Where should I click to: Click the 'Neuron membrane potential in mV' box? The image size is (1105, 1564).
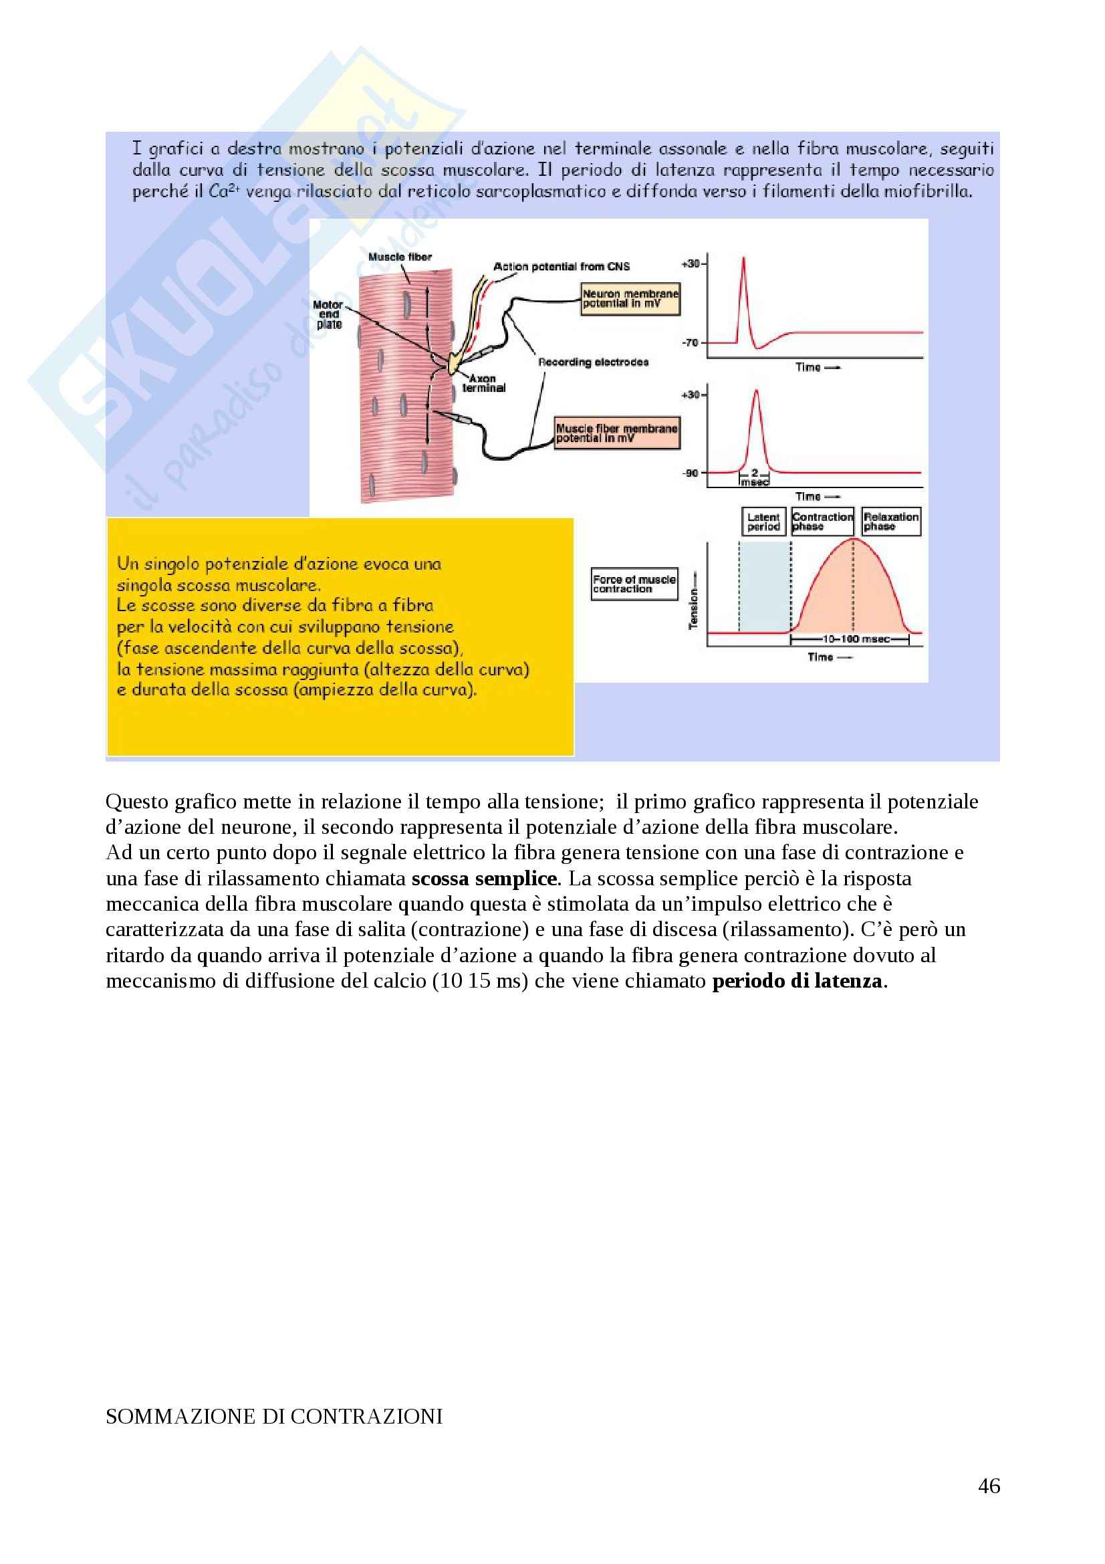pyautogui.click(x=630, y=299)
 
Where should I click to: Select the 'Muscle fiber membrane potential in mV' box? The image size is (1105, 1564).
pyautogui.click(x=617, y=433)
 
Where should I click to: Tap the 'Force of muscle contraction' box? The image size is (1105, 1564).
pyautogui.click(x=634, y=584)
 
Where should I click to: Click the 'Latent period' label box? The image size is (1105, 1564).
pyautogui.click(x=763, y=522)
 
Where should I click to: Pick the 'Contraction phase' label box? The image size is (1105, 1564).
pyautogui.click(x=822, y=522)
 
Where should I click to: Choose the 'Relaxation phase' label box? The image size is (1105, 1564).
pyautogui.click(x=890, y=522)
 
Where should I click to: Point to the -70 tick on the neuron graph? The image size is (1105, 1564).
pyautogui.click(x=691, y=342)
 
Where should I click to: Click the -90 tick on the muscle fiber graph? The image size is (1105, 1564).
pyautogui.click(x=691, y=473)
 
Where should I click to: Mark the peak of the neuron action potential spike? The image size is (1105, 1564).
pyautogui.click(x=743, y=258)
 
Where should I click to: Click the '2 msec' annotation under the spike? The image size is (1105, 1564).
pyautogui.click(x=754, y=477)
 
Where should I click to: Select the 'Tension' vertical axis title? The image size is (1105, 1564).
pyautogui.click(x=694, y=608)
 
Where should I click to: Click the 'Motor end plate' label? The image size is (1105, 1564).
pyautogui.click(x=328, y=315)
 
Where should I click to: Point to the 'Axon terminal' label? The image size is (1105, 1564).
pyautogui.click(x=483, y=384)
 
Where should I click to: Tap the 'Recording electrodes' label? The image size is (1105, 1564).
pyautogui.click(x=593, y=362)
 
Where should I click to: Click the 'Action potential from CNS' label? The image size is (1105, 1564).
pyautogui.click(x=561, y=266)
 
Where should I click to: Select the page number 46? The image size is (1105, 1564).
pyautogui.click(x=989, y=1486)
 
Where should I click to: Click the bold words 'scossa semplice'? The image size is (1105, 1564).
pyautogui.click(x=484, y=879)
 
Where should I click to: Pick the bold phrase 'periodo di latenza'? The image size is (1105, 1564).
pyautogui.click(x=797, y=981)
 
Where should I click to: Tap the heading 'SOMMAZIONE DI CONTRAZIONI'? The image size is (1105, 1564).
pyautogui.click(x=273, y=1416)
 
